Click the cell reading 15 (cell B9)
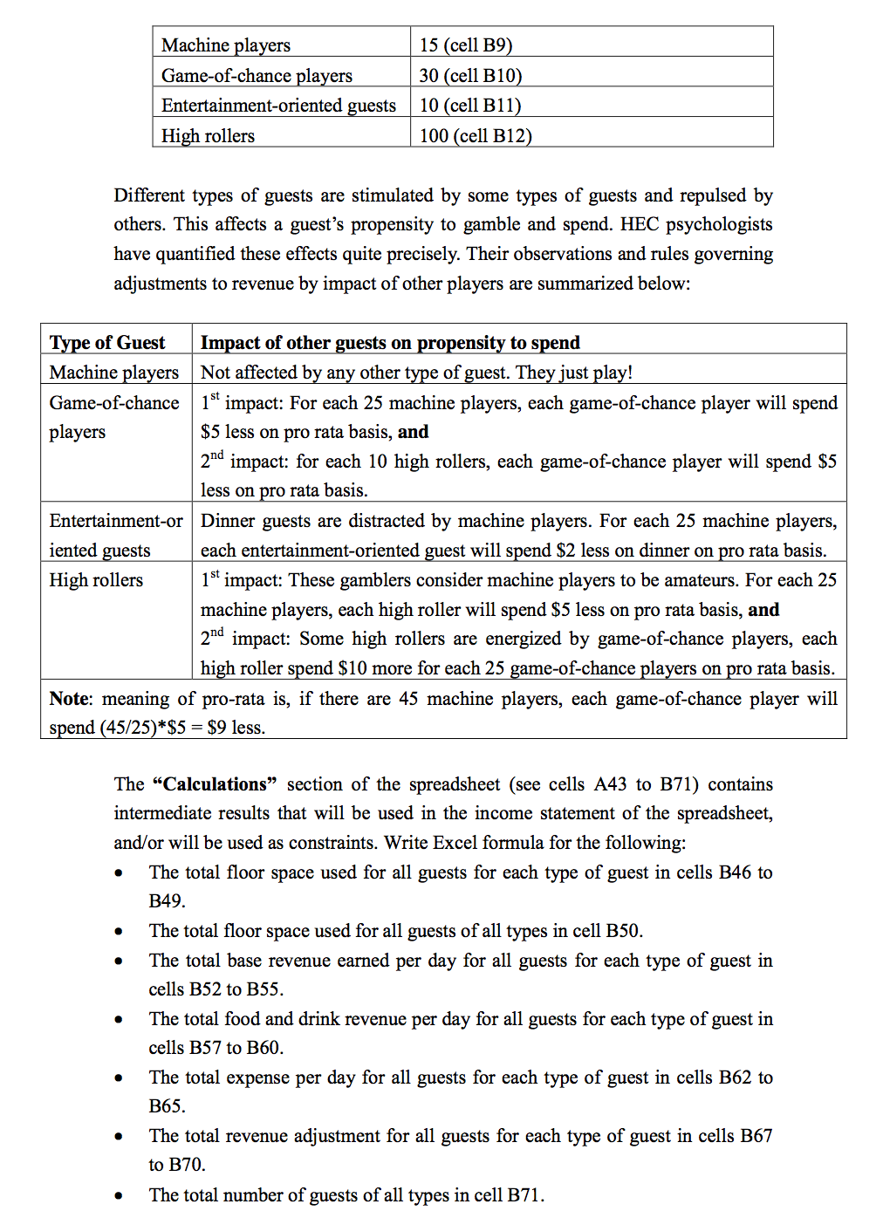pos(465,45)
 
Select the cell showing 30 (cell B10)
pos(470,76)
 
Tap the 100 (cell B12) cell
pos(476,136)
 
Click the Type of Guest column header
pos(107,343)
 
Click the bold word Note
pos(69,699)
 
